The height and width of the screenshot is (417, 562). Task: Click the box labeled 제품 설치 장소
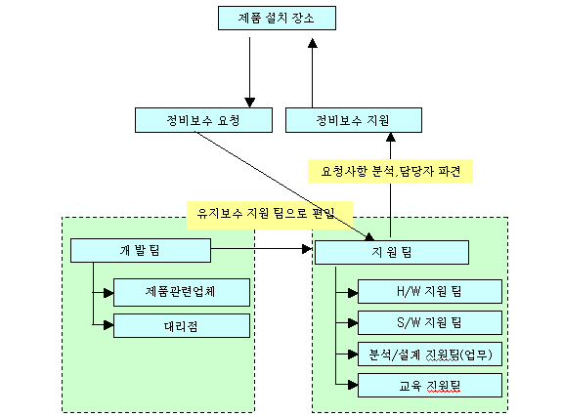277,18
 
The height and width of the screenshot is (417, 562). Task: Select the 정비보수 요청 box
203,120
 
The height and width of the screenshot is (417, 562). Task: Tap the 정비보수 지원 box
354,120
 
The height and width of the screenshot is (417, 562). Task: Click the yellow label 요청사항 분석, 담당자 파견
390,171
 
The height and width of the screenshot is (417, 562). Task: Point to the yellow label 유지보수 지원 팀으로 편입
270,215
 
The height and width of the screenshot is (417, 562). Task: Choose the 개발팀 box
141,250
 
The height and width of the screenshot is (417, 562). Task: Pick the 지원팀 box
392,253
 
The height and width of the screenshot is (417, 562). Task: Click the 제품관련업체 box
182,292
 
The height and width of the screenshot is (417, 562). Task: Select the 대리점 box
182,325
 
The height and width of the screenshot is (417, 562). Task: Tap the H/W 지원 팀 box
430,292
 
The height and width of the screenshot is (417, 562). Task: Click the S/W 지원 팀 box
430,323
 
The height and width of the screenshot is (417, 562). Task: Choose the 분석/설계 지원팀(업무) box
430,354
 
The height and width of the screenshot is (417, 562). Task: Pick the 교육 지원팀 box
430,385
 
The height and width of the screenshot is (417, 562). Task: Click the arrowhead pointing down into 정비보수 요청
250,103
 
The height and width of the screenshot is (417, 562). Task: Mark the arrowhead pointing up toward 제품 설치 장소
313,43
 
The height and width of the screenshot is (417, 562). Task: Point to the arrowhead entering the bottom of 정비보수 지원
391,137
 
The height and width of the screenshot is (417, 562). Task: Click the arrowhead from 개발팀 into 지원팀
307,249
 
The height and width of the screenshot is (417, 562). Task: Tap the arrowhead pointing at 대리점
108,325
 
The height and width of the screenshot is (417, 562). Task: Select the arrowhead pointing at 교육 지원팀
353,385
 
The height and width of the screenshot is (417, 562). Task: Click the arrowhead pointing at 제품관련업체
108,293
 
